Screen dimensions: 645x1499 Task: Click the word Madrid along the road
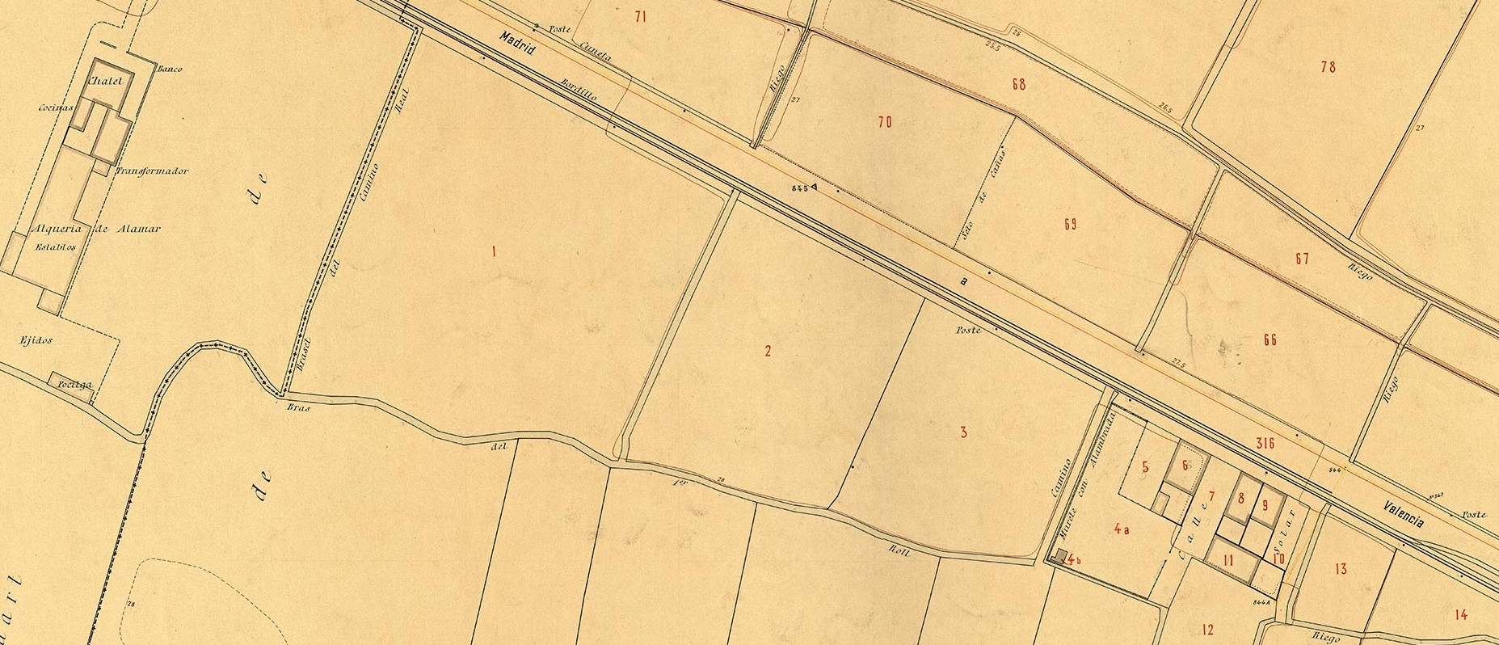[x=518, y=44]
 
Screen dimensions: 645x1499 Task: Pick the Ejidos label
[x=36, y=341]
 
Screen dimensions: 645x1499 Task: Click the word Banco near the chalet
[x=170, y=70]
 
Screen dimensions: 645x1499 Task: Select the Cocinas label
[x=56, y=107]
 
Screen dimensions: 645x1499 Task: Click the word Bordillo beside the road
[x=579, y=94]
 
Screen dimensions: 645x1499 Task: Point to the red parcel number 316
[x=1265, y=443]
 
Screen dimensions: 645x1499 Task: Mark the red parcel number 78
[x=1328, y=67]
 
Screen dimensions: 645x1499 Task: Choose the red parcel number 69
[x=1070, y=225]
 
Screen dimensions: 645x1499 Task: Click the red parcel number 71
[x=641, y=16]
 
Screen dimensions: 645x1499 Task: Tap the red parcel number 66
[x=1270, y=340]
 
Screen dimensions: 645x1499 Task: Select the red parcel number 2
[x=768, y=351]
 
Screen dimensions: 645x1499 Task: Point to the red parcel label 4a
[x=1121, y=529]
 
